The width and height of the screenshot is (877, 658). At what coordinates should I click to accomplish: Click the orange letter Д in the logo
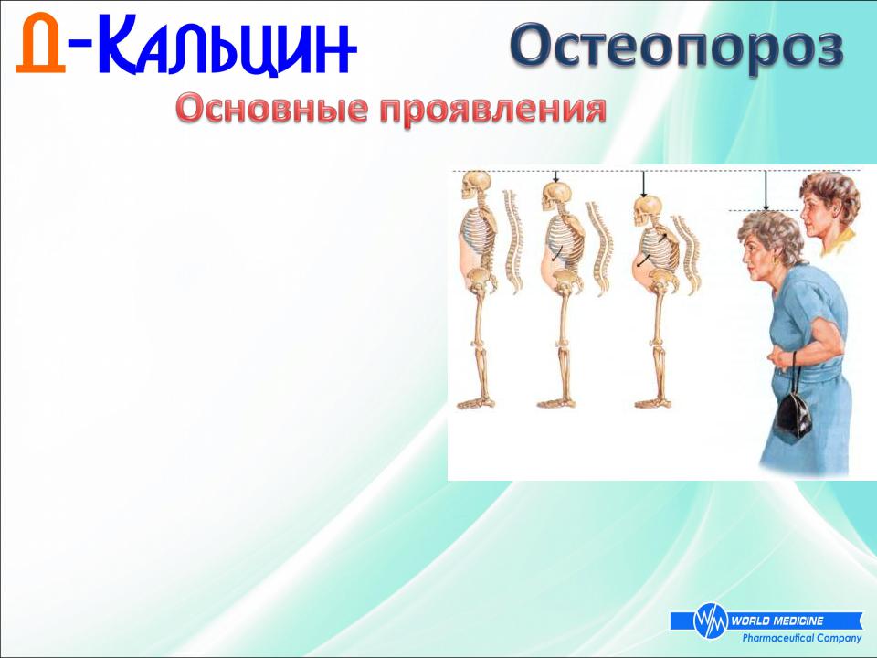pyautogui.click(x=41, y=44)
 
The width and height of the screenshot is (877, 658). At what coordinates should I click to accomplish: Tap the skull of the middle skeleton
pyautogui.click(x=556, y=196)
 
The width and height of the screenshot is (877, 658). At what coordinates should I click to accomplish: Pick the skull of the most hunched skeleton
pyautogui.click(x=647, y=210)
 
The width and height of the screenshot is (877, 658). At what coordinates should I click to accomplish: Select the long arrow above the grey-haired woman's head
pyautogui.click(x=766, y=190)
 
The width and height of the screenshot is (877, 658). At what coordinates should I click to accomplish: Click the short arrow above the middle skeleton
pyautogui.click(x=555, y=176)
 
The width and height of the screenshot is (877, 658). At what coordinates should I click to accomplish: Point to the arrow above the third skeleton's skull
pyautogui.click(x=643, y=184)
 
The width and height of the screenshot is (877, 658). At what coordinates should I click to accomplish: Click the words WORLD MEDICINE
pyautogui.click(x=777, y=621)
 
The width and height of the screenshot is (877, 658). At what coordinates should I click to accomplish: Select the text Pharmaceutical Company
pyautogui.click(x=801, y=638)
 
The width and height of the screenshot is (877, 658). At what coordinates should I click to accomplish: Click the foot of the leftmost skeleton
pyautogui.click(x=475, y=402)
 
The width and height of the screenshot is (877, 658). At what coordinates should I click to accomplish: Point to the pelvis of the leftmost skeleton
pyautogui.click(x=481, y=280)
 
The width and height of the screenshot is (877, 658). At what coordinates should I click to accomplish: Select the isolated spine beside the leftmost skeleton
pyautogui.click(x=512, y=241)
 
